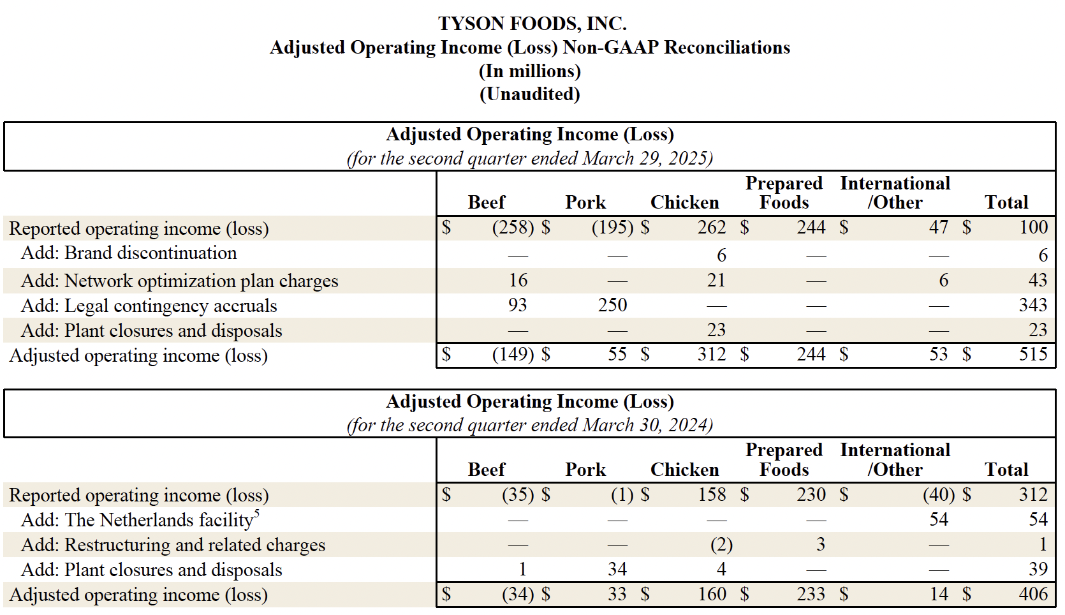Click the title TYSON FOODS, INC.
click(x=532, y=24)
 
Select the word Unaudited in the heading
click(x=529, y=94)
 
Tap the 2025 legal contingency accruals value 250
click(x=612, y=305)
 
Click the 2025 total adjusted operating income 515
click(x=1032, y=354)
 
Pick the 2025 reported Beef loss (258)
click(x=513, y=228)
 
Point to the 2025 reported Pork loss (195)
click(x=612, y=228)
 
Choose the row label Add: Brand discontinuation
click(x=129, y=253)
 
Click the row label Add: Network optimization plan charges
click(x=179, y=281)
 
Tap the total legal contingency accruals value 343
click(x=1032, y=305)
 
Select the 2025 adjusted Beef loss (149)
click(x=513, y=354)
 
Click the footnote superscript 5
click(x=256, y=513)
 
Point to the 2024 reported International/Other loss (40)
click(x=938, y=494)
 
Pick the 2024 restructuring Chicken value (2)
click(x=721, y=545)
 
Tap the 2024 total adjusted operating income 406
click(x=1032, y=595)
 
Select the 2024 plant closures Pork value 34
click(x=617, y=569)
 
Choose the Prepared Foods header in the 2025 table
click(x=784, y=193)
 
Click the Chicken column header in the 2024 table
click(x=684, y=470)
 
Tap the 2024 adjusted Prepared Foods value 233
click(x=811, y=595)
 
